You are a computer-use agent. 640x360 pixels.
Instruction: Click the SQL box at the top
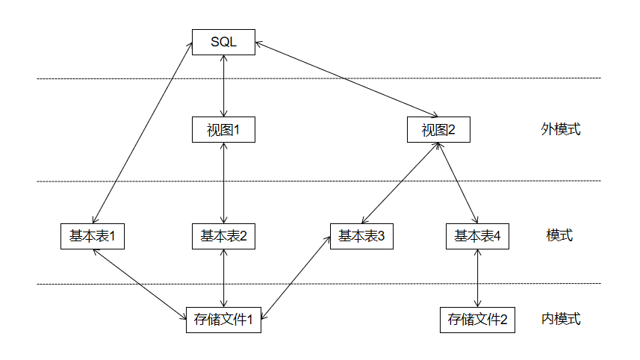[x=223, y=42]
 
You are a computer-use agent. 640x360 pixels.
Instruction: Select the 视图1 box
[x=223, y=130]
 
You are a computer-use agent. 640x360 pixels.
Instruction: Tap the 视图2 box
[x=438, y=130]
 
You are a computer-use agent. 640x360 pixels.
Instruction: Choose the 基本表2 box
[x=223, y=236]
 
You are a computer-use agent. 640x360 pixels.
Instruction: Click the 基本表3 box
[x=361, y=236]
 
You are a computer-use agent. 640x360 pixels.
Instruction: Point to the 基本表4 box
[x=477, y=236]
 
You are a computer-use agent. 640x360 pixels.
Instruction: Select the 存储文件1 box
[x=223, y=320]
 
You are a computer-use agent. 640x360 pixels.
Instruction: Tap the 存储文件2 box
[x=477, y=320]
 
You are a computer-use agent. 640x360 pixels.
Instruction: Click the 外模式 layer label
[x=561, y=129]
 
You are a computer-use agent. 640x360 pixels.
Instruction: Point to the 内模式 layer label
[x=561, y=320]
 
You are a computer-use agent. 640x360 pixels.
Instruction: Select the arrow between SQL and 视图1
[x=223, y=86]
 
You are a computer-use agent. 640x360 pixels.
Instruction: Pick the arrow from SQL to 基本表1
[x=143, y=134]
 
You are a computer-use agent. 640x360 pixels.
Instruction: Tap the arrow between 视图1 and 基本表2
[x=223, y=183]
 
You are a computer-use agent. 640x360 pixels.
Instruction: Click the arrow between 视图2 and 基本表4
[x=458, y=183]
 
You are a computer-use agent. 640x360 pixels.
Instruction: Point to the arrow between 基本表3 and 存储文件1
[x=296, y=278]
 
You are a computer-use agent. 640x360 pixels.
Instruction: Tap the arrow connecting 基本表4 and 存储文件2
[x=477, y=278]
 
